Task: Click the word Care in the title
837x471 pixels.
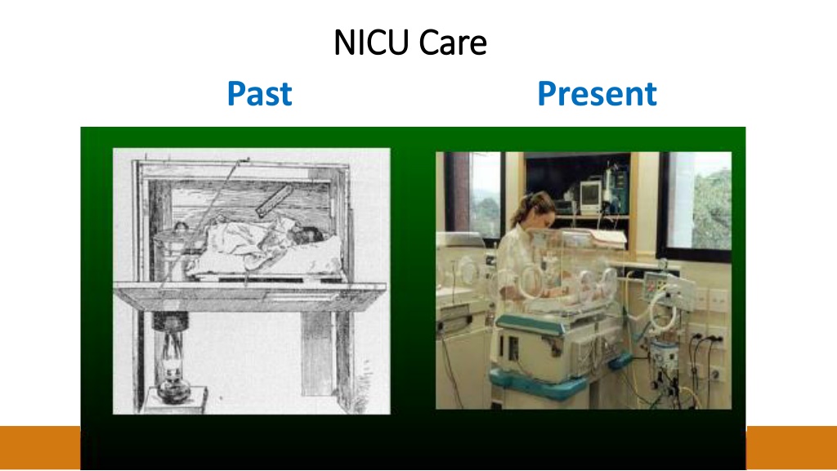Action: pyautogui.click(x=453, y=43)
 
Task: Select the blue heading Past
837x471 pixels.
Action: pyautogui.click(x=259, y=93)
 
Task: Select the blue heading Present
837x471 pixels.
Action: pyautogui.click(x=597, y=93)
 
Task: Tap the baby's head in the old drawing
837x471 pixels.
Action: pyautogui.click(x=306, y=235)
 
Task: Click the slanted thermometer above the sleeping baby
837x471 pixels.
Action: pyautogui.click(x=275, y=201)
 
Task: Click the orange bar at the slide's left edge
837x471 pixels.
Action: pyautogui.click(x=40, y=447)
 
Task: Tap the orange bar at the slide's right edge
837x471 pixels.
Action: pyautogui.click(x=791, y=447)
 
